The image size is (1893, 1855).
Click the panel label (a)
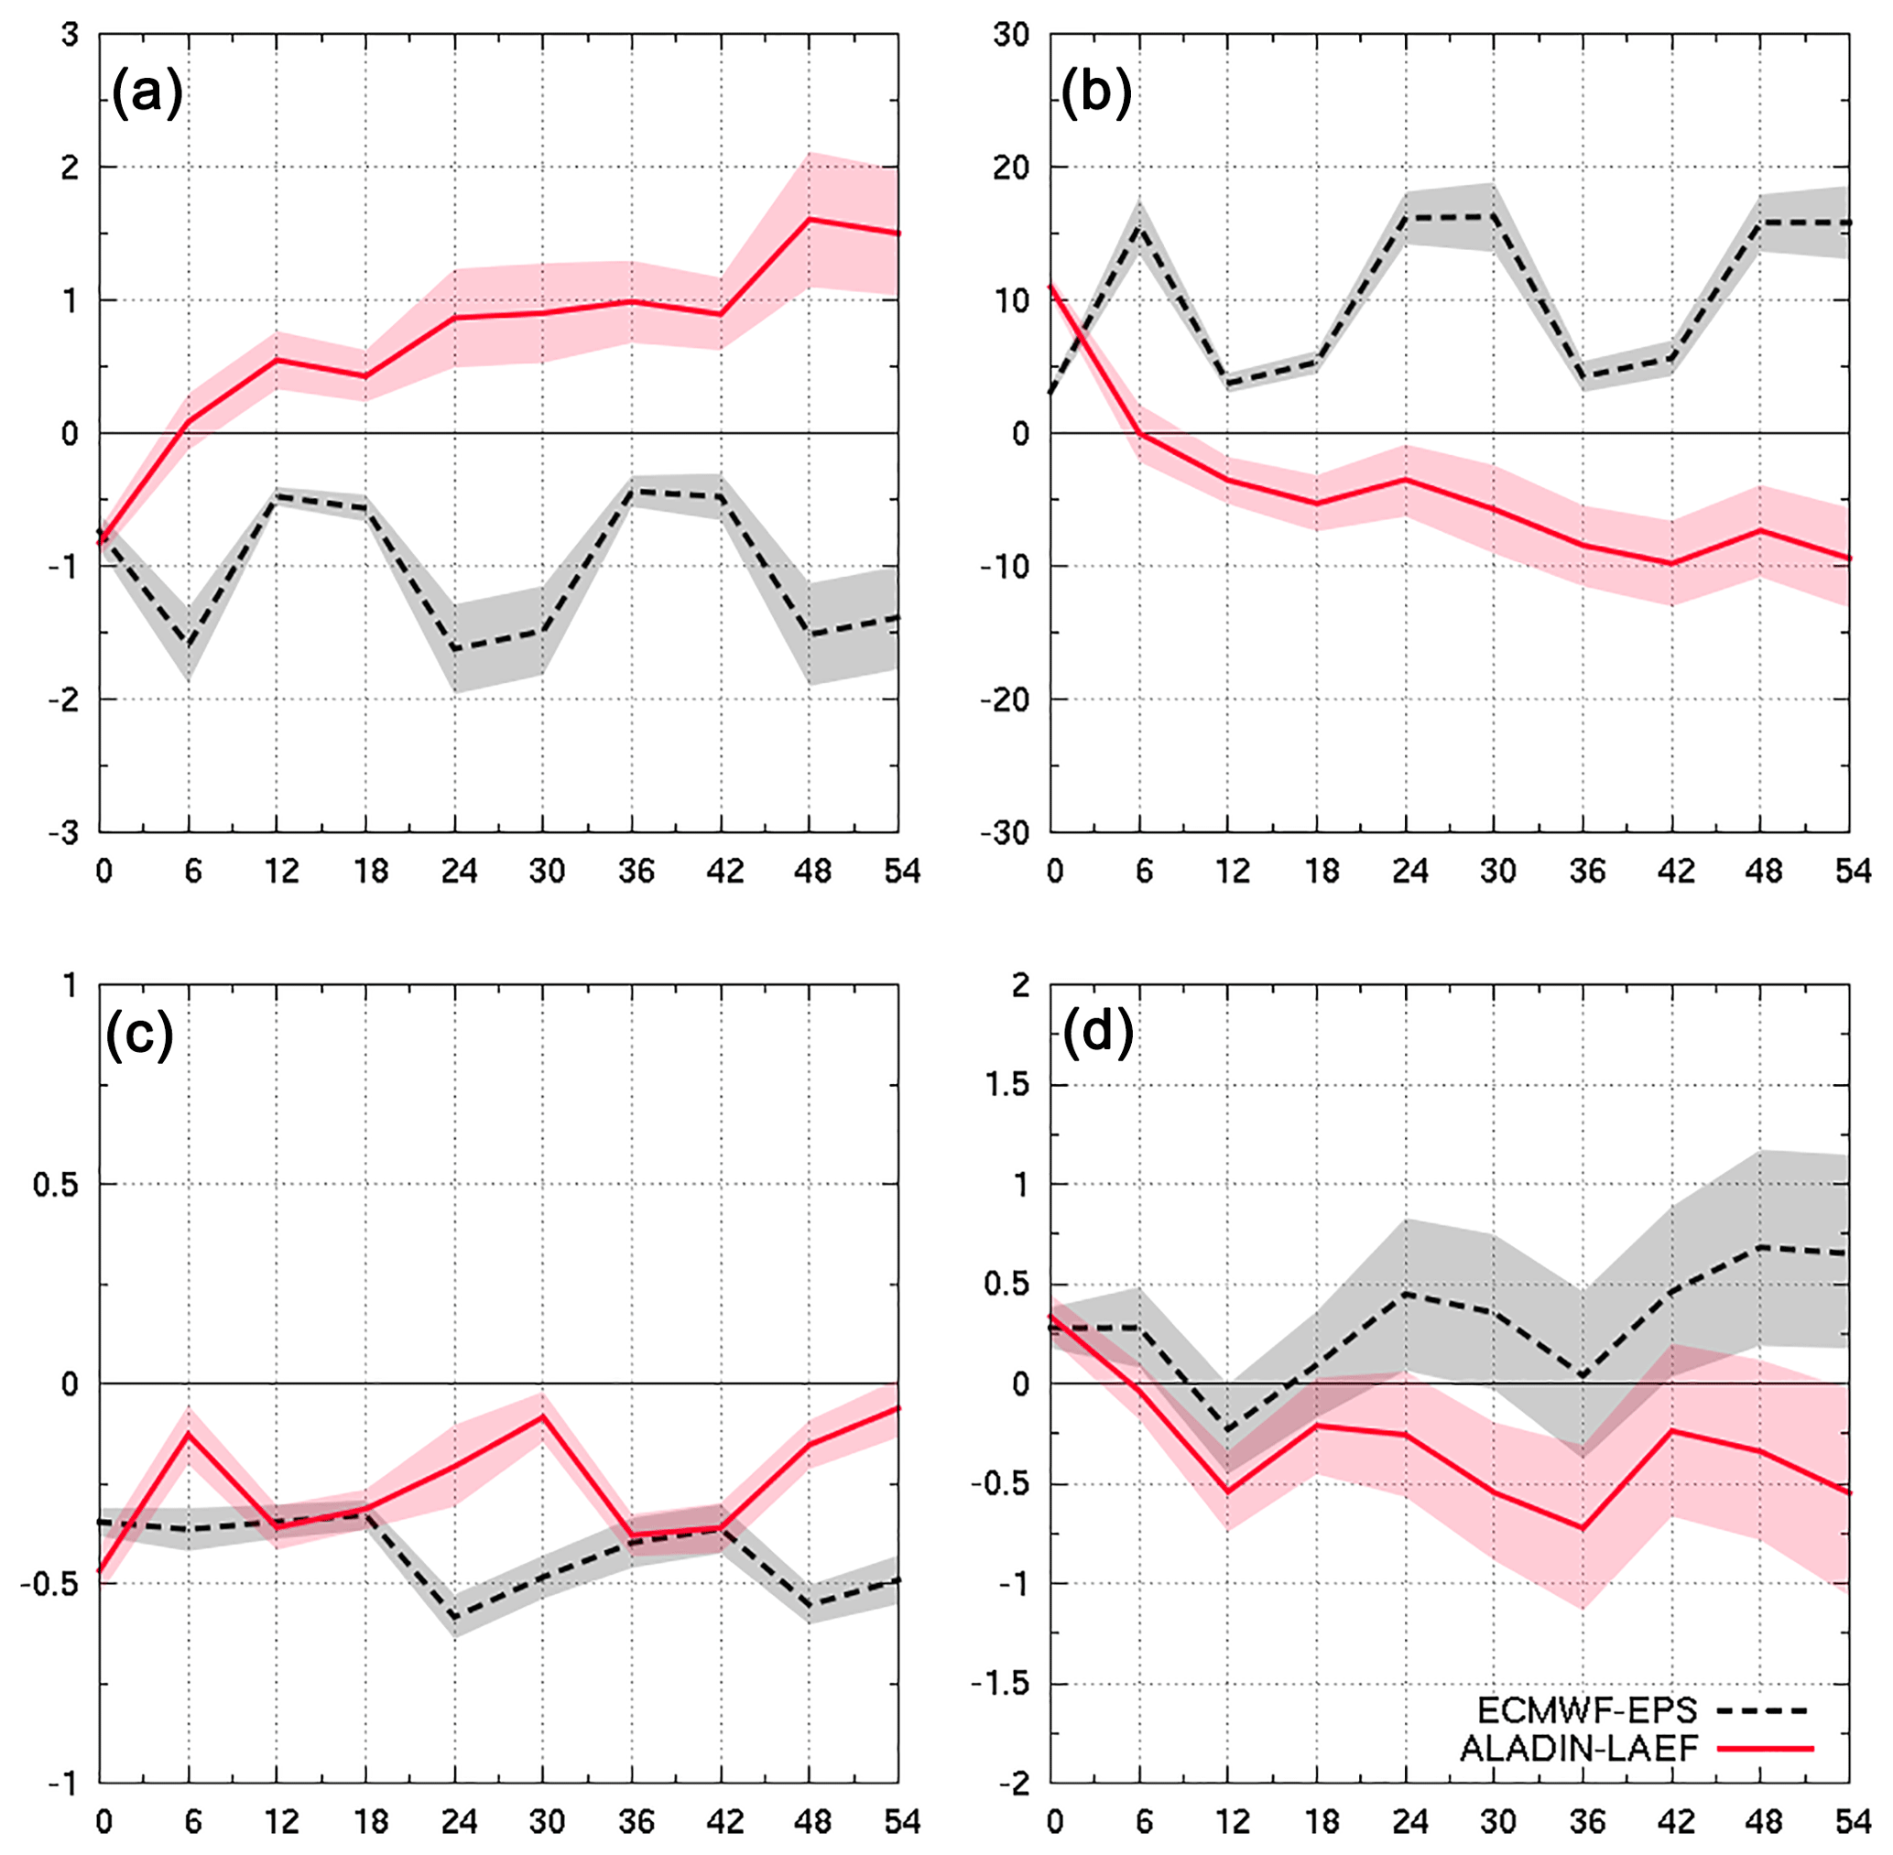pos(147,94)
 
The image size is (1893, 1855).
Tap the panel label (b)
pos(1096,94)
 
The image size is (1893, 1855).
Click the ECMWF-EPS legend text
pos(1587,1709)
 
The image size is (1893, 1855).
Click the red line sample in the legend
pos(1765,1749)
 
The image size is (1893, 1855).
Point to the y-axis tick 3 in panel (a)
pos(70,35)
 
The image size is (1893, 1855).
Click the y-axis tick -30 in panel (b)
pos(1010,833)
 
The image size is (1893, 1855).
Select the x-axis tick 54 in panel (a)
pos(902,870)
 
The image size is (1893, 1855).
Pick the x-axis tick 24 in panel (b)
pos(1409,870)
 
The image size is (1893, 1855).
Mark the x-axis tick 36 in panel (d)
pos(1587,1821)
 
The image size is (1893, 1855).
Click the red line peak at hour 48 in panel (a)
pos(810,218)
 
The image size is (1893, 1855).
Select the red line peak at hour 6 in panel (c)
pos(188,1434)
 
